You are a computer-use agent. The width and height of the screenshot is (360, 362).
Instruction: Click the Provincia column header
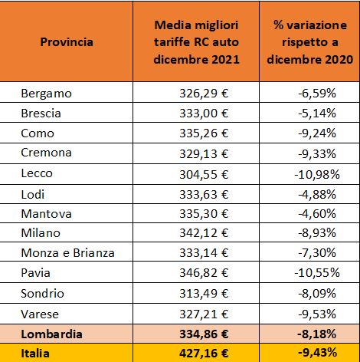pos(67,42)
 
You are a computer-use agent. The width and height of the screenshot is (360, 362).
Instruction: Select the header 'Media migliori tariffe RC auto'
pos(196,34)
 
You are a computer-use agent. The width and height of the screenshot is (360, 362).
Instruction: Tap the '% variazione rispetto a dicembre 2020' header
pos(310,42)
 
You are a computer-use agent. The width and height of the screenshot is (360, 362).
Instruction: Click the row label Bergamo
pos(46,94)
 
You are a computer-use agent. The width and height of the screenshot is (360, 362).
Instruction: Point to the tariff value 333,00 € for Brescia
pos(204,113)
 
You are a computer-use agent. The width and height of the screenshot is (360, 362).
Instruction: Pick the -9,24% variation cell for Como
pos(317,133)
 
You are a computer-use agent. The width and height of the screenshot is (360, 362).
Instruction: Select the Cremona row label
pos(46,153)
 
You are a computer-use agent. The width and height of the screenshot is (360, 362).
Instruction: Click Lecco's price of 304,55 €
pos(204,174)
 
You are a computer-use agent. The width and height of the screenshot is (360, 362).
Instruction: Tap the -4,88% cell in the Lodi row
pos(317,194)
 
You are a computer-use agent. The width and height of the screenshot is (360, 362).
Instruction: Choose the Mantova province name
pos(46,214)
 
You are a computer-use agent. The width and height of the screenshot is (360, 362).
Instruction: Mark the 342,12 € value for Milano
pos(204,233)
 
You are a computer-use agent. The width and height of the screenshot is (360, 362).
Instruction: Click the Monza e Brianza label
pos(67,253)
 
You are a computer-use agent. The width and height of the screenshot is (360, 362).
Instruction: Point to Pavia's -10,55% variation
pos(317,272)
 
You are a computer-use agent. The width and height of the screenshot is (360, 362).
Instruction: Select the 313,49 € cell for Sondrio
pos(204,293)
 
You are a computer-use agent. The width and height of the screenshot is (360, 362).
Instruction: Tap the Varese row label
pos(40,314)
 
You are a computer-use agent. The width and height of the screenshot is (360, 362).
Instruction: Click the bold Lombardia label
pos(51,334)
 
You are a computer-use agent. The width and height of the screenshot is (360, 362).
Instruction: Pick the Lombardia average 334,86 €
pos(204,334)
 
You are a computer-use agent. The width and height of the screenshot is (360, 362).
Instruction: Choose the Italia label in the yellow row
pos(35,354)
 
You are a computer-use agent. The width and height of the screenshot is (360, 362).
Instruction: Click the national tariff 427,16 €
pos(204,354)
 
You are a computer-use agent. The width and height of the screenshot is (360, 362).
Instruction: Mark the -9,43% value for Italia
pos(317,353)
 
